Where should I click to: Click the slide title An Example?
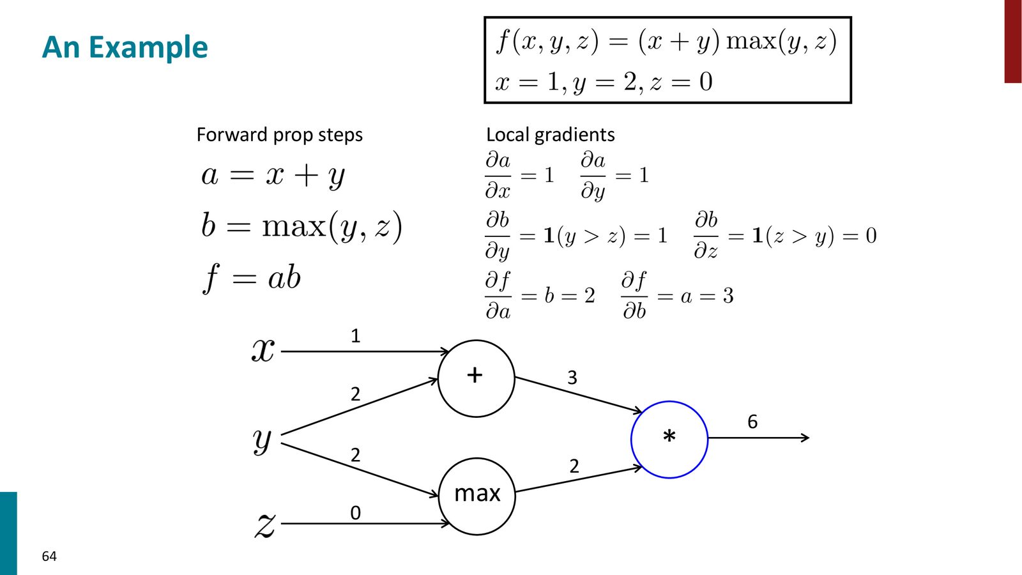(x=125, y=47)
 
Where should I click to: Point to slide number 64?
(x=49, y=556)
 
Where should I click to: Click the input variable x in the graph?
(x=263, y=351)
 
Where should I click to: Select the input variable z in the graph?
(x=264, y=525)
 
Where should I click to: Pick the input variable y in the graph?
(x=262, y=441)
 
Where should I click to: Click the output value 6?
(x=752, y=422)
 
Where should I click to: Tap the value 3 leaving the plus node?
(x=572, y=378)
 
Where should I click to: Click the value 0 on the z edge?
(x=355, y=514)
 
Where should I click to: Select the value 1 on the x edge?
(x=355, y=336)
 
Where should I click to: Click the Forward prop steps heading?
(x=280, y=135)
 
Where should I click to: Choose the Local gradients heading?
(x=550, y=135)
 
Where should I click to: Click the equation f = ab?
(x=252, y=278)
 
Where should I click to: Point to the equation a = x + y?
(x=273, y=176)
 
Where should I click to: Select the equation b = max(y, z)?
(x=301, y=226)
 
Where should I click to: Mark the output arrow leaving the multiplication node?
(x=759, y=438)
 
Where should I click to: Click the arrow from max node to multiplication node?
(x=579, y=479)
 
